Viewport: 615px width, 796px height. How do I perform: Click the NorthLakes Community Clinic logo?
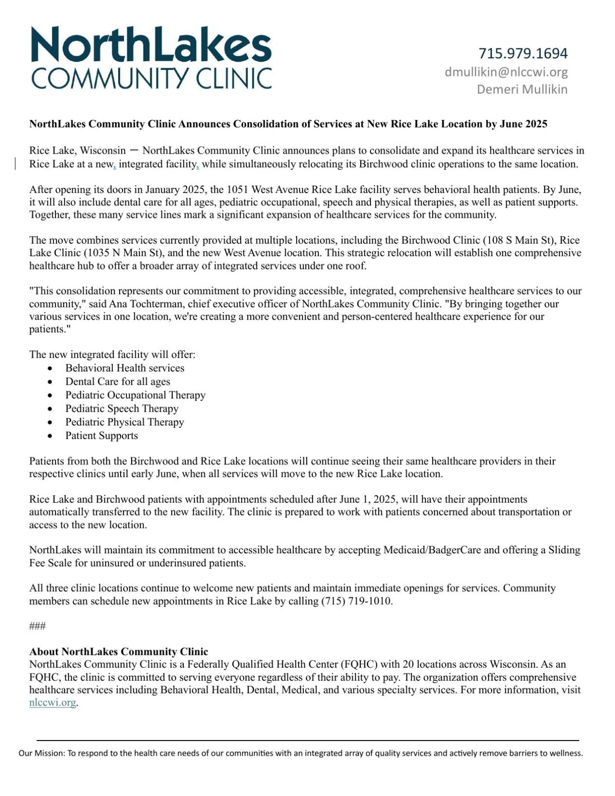(x=151, y=57)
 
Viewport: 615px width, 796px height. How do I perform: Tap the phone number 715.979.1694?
(x=523, y=53)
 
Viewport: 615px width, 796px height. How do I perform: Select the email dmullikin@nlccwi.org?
(x=506, y=72)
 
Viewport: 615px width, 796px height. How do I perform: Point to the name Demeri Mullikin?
(x=522, y=89)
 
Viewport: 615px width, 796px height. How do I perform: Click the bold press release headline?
(x=288, y=124)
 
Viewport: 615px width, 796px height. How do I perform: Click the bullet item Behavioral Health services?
(x=124, y=368)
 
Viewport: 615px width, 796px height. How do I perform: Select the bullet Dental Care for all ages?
(x=118, y=382)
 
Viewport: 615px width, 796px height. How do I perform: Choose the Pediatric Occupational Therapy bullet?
(x=135, y=395)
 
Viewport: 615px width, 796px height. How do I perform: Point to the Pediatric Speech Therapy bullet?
(x=122, y=408)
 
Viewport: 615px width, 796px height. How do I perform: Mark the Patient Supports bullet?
(x=102, y=436)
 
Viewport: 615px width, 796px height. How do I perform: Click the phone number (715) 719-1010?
(x=356, y=601)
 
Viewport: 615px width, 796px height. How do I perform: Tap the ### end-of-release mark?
(x=37, y=626)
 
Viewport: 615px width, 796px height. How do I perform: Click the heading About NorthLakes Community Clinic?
(x=119, y=652)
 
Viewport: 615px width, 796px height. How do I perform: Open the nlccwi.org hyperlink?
(x=53, y=703)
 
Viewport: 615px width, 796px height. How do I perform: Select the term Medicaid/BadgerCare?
(x=432, y=550)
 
